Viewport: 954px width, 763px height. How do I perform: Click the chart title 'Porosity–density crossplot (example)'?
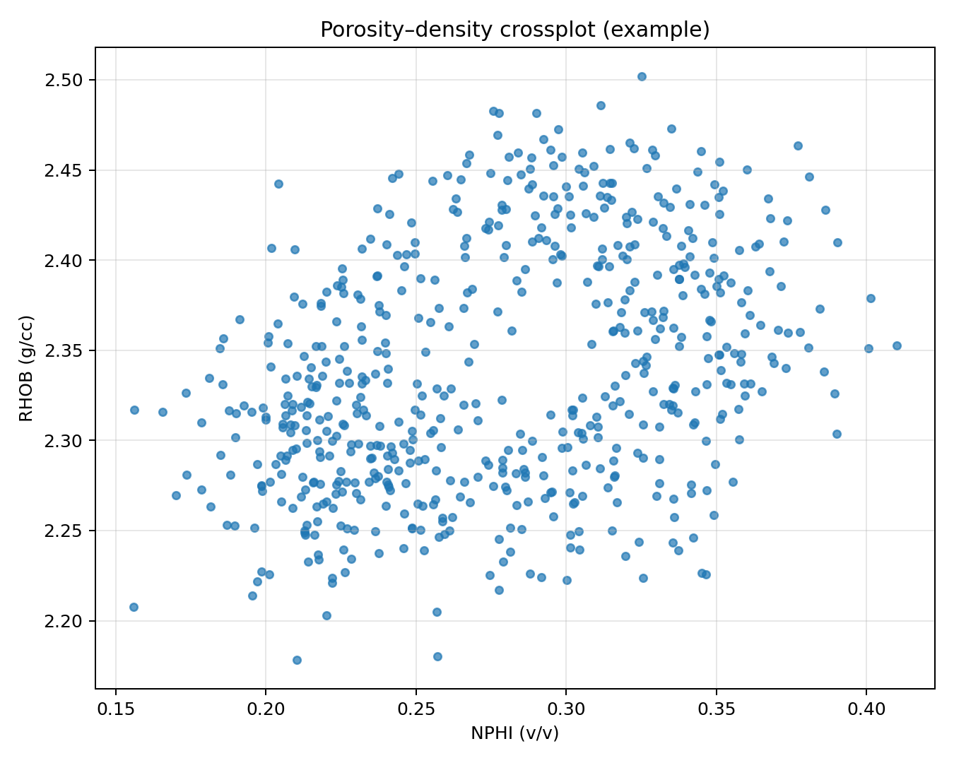point(514,30)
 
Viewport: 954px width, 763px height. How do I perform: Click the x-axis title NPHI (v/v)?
point(514,734)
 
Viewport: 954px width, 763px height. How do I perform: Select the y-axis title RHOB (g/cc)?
point(26,367)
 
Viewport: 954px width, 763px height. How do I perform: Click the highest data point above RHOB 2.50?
point(642,76)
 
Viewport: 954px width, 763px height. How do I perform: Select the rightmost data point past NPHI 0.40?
point(897,345)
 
